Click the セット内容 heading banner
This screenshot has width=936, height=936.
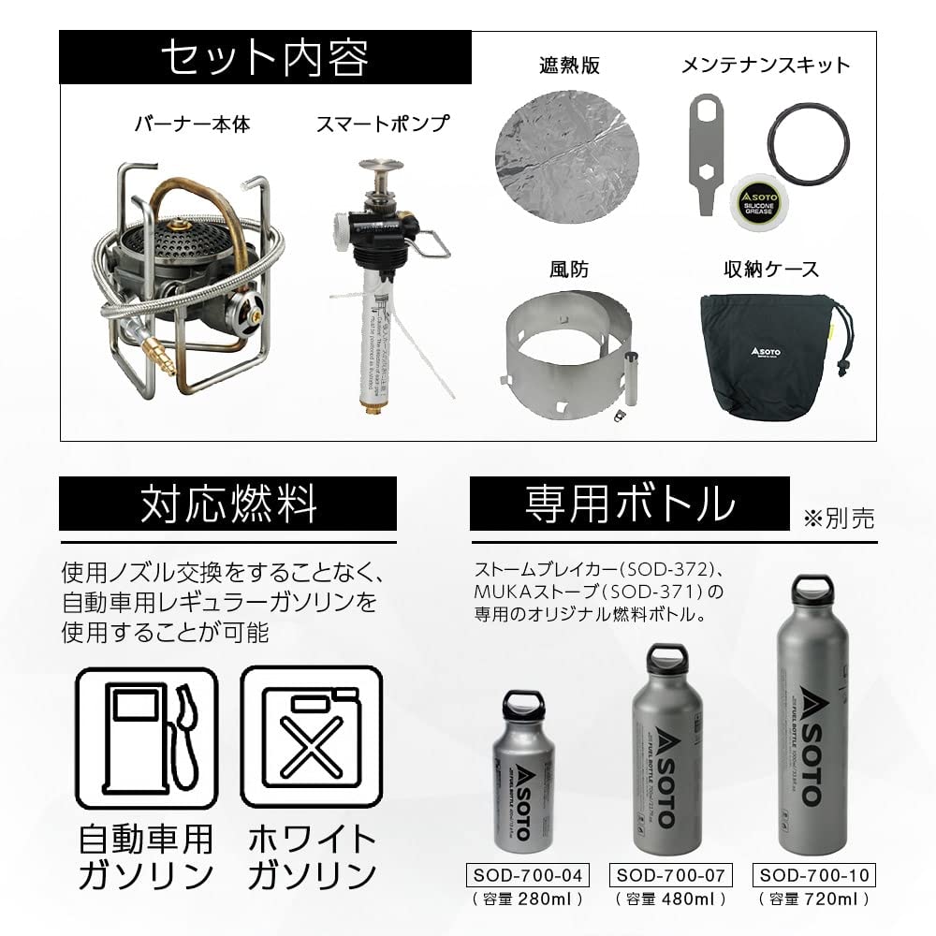[264, 58]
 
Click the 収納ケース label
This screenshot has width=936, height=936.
[770, 270]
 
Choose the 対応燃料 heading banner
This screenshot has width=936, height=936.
[228, 504]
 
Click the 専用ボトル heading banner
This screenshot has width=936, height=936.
[629, 504]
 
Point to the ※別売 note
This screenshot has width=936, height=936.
[838, 519]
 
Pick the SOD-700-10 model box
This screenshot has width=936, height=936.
[812, 876]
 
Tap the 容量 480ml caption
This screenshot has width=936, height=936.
[669, 899]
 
